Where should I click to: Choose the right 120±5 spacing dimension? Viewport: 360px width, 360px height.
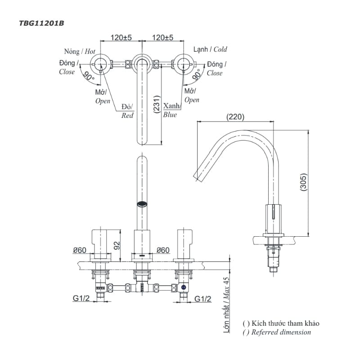163,38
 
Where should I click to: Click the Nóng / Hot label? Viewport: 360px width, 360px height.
80,52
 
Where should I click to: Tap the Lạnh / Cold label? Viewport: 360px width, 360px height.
210,49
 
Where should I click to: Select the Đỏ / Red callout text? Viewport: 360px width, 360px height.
127,111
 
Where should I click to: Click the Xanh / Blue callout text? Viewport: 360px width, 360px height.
171,110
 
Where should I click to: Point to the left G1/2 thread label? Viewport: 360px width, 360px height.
81,298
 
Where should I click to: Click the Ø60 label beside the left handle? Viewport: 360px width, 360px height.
79,250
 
